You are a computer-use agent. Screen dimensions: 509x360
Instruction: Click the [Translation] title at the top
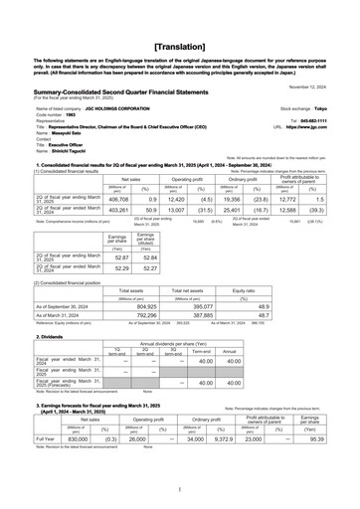(x=179, y=20)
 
